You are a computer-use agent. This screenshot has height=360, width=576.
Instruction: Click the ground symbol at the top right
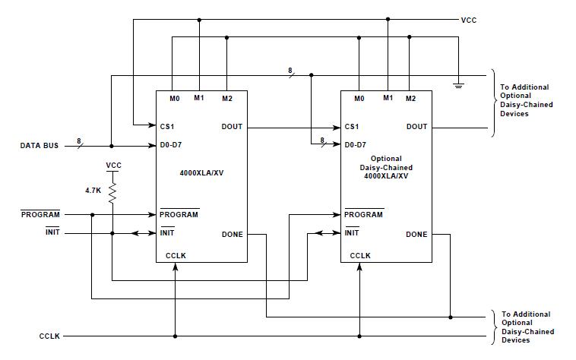point(458,84)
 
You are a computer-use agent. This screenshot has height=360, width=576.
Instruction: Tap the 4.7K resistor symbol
point(112,195)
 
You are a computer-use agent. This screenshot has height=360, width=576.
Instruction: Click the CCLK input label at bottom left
point(51,336)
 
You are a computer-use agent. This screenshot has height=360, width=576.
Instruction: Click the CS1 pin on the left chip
point(168,126)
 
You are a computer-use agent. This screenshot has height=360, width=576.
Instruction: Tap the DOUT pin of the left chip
point(232,126)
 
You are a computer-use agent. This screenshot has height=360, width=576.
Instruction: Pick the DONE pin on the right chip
point(416,235)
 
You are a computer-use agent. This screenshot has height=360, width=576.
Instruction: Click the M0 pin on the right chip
point(359,99)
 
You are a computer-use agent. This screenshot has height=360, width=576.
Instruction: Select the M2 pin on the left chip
point(226,99)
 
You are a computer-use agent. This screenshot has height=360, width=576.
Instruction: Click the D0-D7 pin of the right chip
point(356,144)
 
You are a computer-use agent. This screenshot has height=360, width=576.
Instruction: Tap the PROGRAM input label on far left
point(40,215)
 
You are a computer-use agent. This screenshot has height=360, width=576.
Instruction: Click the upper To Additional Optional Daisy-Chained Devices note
point(524,100)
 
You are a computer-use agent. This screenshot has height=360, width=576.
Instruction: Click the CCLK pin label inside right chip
point(360,256)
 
